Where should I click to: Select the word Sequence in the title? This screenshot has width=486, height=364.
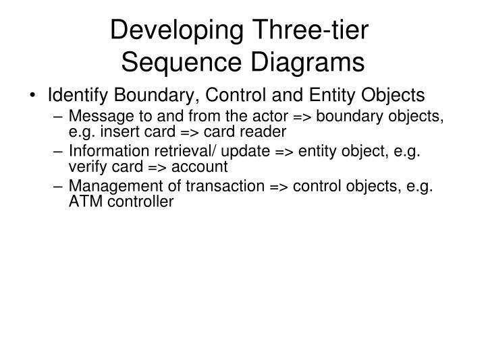[174, 63]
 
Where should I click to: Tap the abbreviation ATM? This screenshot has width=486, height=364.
[84, 202]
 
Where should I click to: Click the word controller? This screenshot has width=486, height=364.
[137, 202]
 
